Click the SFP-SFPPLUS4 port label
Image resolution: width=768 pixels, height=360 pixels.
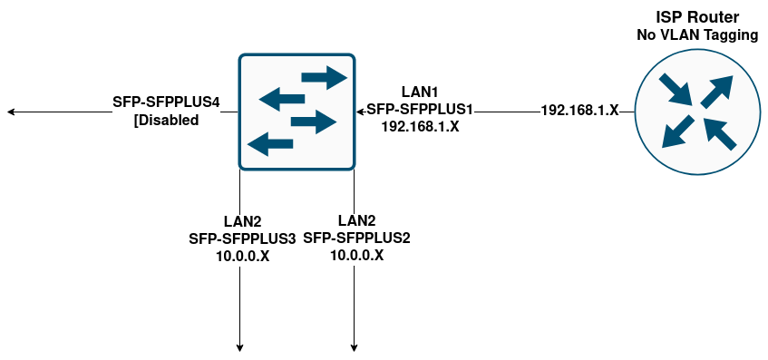point(167,102)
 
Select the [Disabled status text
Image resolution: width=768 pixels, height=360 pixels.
point(166,120)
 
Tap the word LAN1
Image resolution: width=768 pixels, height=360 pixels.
point(420,92)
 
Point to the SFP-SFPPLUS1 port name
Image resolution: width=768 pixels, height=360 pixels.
point(420,110)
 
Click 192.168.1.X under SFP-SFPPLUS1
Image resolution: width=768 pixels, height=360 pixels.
point(420,127)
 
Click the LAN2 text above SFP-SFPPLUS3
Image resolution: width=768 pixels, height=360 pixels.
point(242,222)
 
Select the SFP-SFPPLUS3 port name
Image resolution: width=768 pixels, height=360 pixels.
point(242,239)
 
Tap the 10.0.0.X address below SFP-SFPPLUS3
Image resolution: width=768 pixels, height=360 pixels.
point(242,257)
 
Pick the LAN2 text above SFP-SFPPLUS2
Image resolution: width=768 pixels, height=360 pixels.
point(356,220)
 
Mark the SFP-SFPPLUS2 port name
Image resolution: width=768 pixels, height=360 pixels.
point(356,238)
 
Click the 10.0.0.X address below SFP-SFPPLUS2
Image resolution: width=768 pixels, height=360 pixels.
point(356,256)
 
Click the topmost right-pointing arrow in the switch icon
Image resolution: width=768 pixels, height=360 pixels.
point(324,77)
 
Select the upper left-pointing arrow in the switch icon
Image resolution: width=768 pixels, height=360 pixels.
point(281,98)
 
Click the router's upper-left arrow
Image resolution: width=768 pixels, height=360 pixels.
point(676,90)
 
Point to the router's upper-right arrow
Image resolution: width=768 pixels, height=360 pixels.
point(715,91)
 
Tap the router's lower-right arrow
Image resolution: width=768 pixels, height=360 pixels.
point(718,132)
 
